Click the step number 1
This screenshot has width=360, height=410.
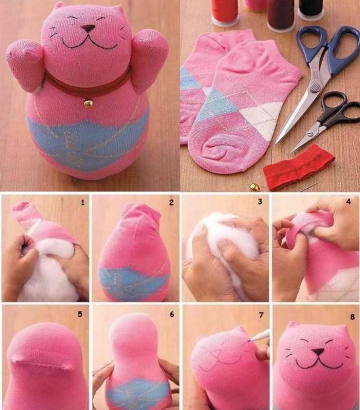(83, 202)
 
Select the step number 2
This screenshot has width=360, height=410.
(171, 202)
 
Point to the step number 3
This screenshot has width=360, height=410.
(260, 201)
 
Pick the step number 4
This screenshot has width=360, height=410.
(349, 202)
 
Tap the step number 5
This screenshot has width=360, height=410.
(80, 314)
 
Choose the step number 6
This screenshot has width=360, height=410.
(172, 314)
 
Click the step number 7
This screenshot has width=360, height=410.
(261, 315)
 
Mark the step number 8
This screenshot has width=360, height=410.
(352, 317)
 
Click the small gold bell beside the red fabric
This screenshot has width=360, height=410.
(252, 186)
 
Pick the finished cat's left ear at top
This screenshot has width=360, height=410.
(58, 7)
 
